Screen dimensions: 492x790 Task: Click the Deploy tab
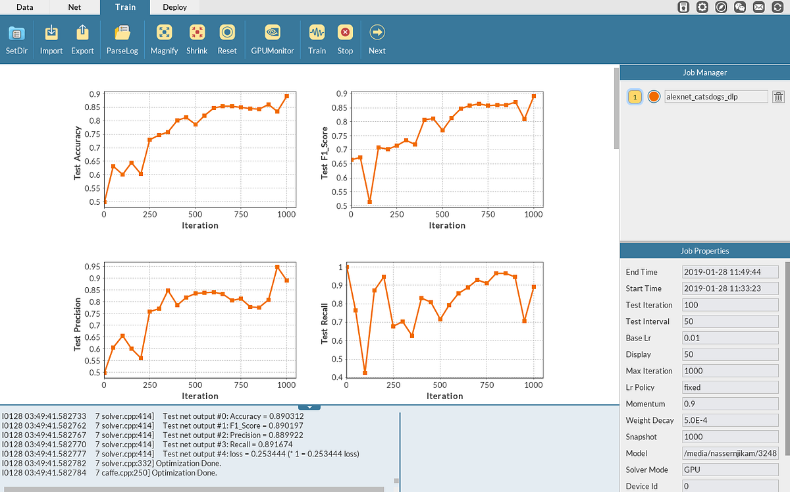coord(174,7)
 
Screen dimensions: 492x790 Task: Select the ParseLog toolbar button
coord(122,39)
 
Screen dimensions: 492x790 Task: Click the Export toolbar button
coord(82,39)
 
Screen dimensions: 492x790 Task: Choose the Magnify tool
coord(164,39)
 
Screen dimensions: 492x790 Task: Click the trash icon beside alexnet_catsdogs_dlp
coord(778,97)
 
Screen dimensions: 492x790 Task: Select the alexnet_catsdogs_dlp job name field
coord(716,97)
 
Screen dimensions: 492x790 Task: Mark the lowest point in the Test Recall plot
coord(365,373)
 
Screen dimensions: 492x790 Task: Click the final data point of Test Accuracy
coord(287,96)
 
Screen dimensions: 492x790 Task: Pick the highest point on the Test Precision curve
coord(277,267)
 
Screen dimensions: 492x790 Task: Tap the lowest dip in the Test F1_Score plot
coord(369,202)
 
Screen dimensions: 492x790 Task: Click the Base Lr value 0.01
coord(731,338)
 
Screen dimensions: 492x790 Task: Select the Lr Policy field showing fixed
coord(731,387)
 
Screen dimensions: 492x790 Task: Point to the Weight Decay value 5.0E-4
coord(731,420)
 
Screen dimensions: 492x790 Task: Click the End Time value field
coord(731,272)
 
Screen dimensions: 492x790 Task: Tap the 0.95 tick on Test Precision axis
coord(92,267)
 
